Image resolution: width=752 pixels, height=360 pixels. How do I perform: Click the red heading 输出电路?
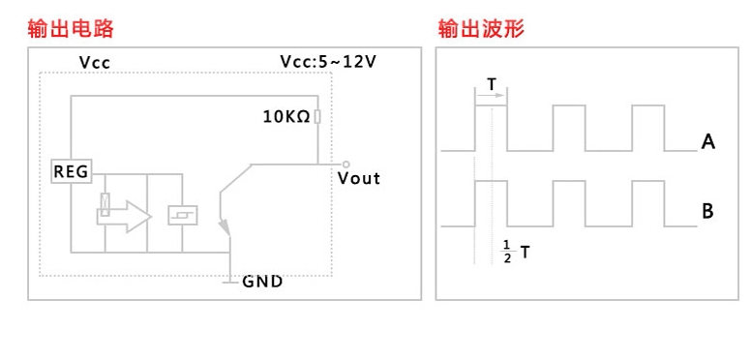(x=71, y=29)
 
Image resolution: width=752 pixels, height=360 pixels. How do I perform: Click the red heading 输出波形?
(x=481, y=29)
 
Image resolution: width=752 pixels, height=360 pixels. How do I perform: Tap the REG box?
(x=72, y=171)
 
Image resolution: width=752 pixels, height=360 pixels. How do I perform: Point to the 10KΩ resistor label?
(x=286, y=116)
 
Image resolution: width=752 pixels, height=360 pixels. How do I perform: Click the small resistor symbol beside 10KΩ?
(x=317, y=116)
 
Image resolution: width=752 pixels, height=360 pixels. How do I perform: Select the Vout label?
(x=359, y=178)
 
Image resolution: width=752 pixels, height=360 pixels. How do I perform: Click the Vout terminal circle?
(x=346, y=165)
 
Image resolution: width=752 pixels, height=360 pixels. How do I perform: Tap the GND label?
(x=262, y=282)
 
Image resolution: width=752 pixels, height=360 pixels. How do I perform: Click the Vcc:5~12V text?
(x=328, y=62)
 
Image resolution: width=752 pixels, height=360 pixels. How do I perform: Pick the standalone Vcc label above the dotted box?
(x=95, y=62)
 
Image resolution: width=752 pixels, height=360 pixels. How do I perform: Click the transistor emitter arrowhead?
(x=225, y=227)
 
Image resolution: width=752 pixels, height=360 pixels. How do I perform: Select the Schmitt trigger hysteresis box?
(x=182, y=215)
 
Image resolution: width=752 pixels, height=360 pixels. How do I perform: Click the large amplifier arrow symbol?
(x=124, y=217)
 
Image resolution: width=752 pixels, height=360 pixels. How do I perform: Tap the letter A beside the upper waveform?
(x=707, y=142)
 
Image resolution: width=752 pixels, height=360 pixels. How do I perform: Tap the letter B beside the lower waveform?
(x=707, y=211)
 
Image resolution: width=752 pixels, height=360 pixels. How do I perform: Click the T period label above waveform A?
(x=492, y=84)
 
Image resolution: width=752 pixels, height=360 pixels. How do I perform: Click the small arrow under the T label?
(x=491, y=95)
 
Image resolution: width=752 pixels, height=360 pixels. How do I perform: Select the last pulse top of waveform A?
(x=648, y=105)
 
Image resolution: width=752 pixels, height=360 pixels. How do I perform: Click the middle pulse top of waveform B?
(x=569, y=181)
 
